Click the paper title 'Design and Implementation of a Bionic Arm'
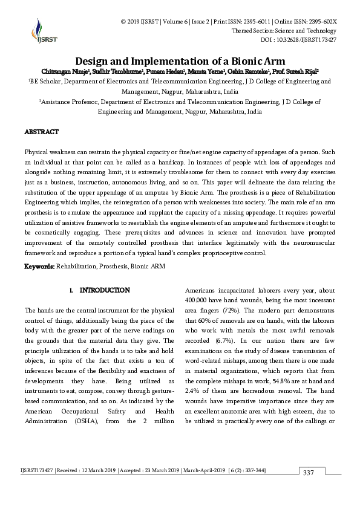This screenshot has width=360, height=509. pyautogui.click(x=180, y=61)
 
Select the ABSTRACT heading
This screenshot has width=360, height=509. pyautogui.click(x=41, y=132)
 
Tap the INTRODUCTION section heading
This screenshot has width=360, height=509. pyautogui.click(x=104, y=290)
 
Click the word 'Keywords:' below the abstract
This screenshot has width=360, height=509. pyautogui.click(x=39, y=266)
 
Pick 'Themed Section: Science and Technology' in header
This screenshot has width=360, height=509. pyautogui.click(x=284, y=30)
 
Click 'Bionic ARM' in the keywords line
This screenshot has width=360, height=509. pyautogui.click(x=149, y=266)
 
